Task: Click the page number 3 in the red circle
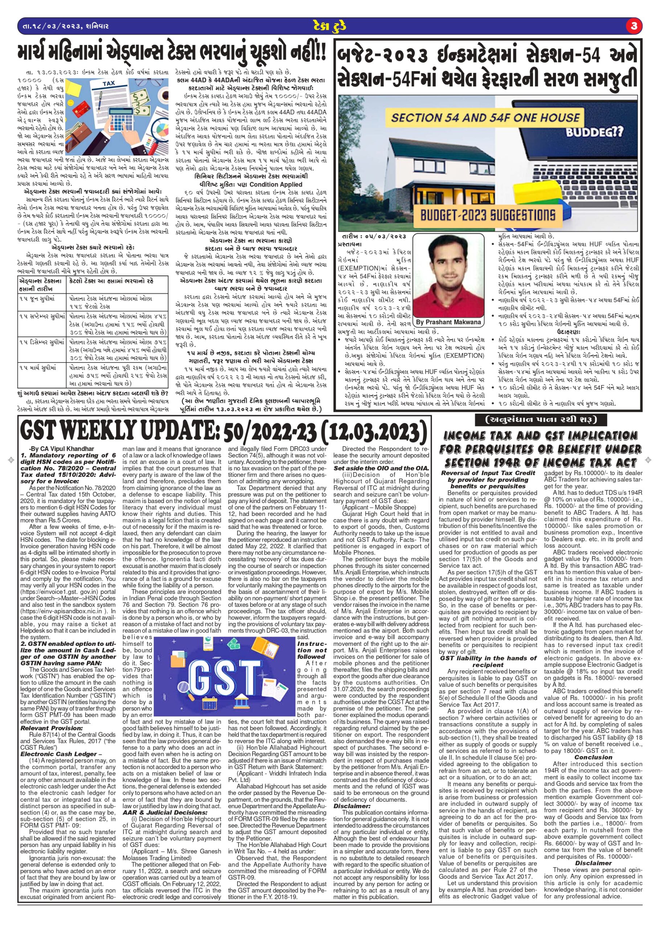[634, 26]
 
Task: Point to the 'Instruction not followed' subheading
[312, 650]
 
